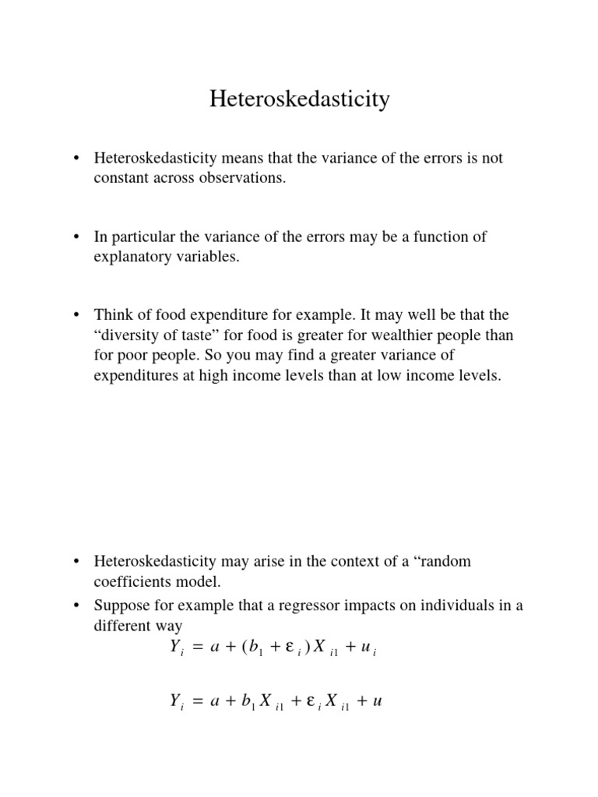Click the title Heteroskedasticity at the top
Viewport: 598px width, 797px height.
[x=299, y=100]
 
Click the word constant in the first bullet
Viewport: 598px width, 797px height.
[x=119, y=178]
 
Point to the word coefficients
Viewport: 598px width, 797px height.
[x=132, y=581]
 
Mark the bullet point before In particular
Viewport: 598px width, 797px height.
[x=77, y=237]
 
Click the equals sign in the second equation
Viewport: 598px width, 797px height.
[x=197, y=702]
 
